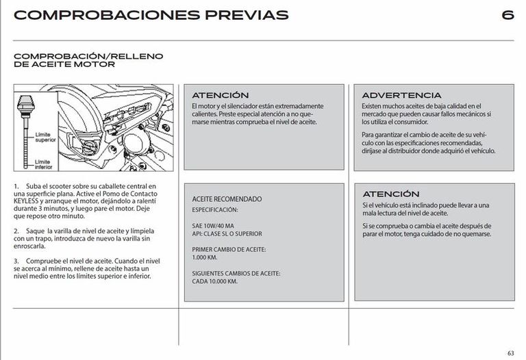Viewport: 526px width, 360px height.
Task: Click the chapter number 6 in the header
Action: [x=507, y=15]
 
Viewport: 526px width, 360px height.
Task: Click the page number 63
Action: [x=510, y=352]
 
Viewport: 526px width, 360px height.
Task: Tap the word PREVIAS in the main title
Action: [x=244, y=15]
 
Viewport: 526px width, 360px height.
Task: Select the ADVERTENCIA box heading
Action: [x=401, y=95]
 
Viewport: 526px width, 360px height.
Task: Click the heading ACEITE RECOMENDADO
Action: [x=227, y=198]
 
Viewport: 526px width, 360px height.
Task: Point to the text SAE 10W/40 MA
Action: [x=213, y=225]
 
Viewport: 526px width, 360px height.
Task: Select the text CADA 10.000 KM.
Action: [x=215, y=281]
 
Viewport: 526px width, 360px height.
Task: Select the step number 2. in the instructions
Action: [x=16, y=232]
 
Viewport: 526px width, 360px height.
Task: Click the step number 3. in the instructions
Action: [x=16, y=261]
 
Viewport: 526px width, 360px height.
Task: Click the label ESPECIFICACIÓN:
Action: [x=215, y=209]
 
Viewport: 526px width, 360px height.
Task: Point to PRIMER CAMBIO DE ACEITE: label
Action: [x=229, y=249]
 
